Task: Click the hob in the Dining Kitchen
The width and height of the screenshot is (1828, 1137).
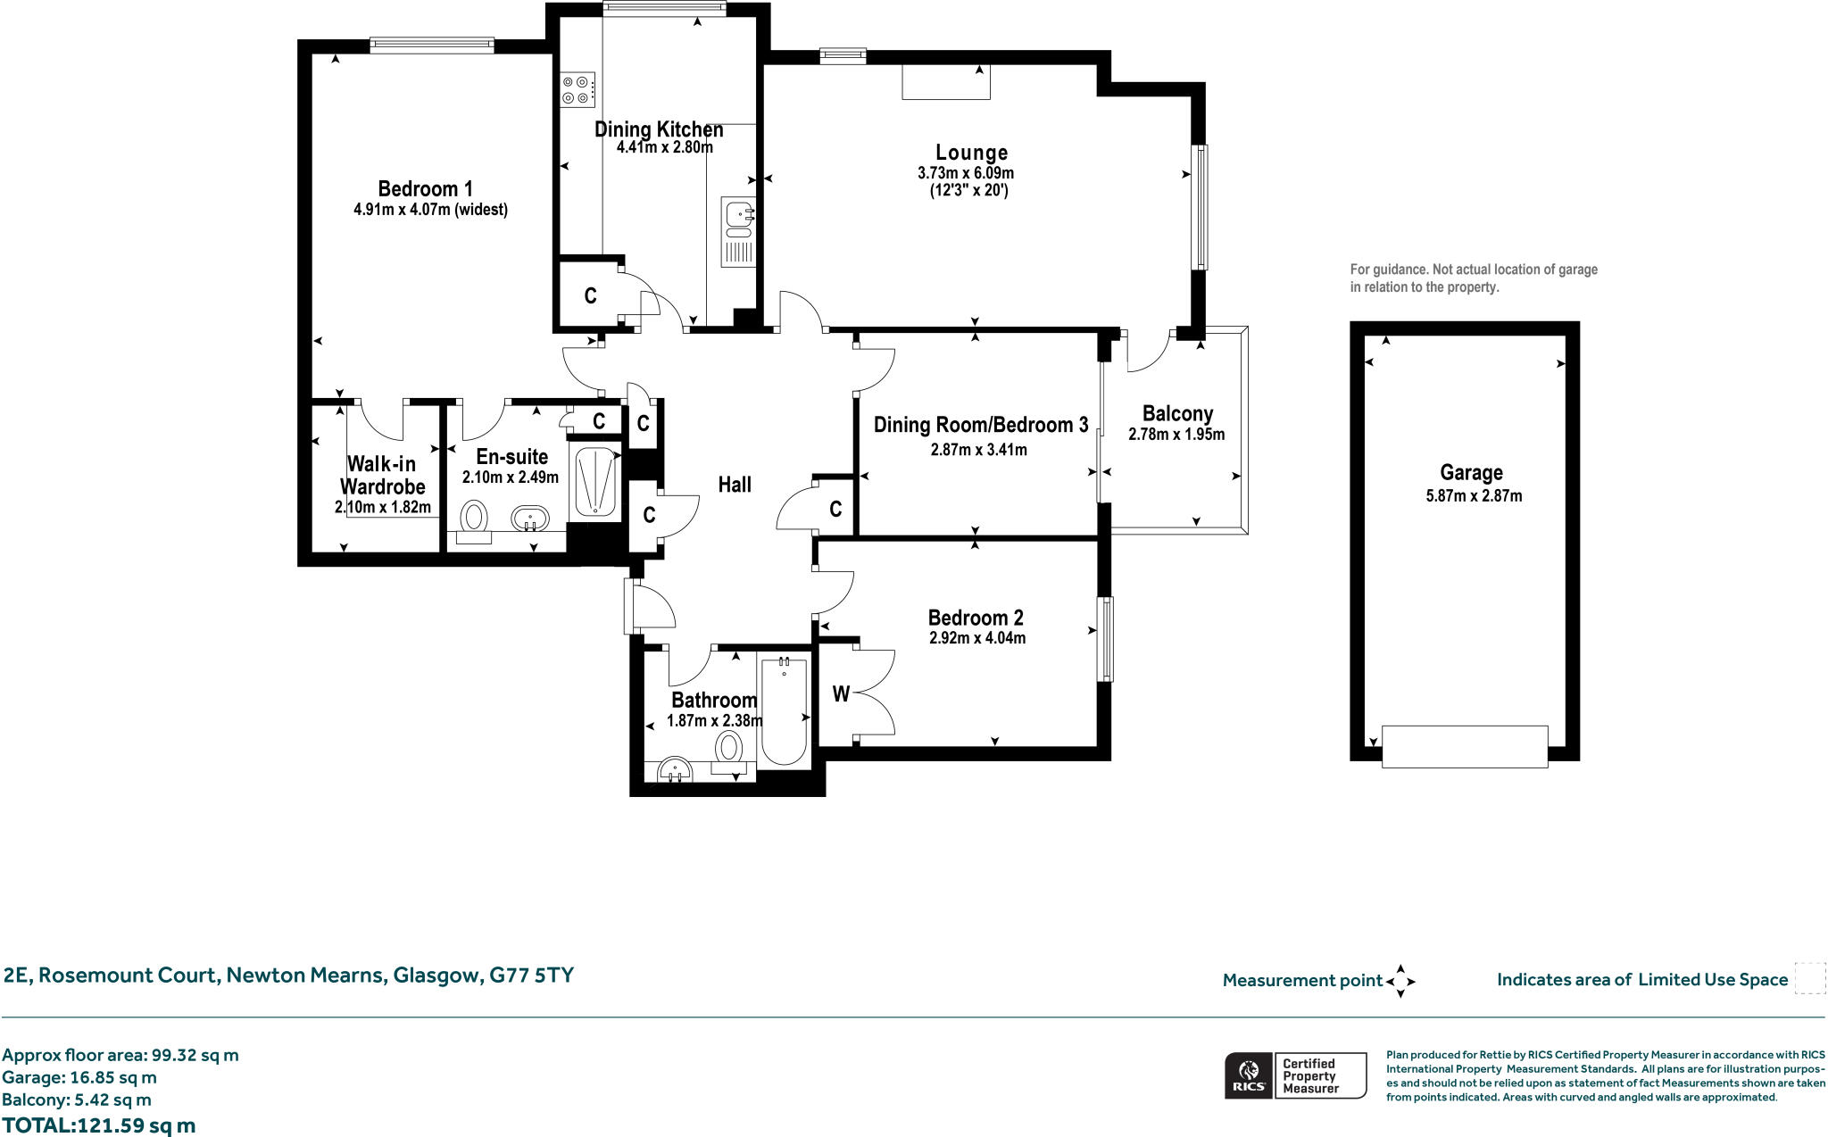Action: coord(577,89)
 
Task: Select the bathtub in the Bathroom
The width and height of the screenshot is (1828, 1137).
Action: coord(785,711)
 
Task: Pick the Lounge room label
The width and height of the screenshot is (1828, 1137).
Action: coord(971,153)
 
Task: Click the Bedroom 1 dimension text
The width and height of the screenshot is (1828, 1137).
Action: coord(430,211)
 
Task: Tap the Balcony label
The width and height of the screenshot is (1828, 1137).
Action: coord(1177,413)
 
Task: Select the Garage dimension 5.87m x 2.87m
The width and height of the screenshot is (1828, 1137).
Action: coord(1474,495)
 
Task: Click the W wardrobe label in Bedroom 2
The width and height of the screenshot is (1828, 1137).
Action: coord(841,694)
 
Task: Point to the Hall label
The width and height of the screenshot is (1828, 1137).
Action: coord(735,485)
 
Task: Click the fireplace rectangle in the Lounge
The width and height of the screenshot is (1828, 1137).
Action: coord(945,82)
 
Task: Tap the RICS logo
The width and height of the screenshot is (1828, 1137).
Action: coord(1249,1075)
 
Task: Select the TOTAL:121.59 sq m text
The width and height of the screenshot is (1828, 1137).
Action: coord(98,1125)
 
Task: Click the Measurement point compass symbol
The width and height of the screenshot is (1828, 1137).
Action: coord(1400,981)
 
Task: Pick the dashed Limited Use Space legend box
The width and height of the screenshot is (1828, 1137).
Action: coord(1809,978)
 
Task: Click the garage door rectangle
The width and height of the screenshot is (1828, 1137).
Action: coord(1464,746)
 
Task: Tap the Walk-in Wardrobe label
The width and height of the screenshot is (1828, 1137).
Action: coord(382,475)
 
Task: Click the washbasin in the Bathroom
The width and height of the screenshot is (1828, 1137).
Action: coord(675,770)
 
